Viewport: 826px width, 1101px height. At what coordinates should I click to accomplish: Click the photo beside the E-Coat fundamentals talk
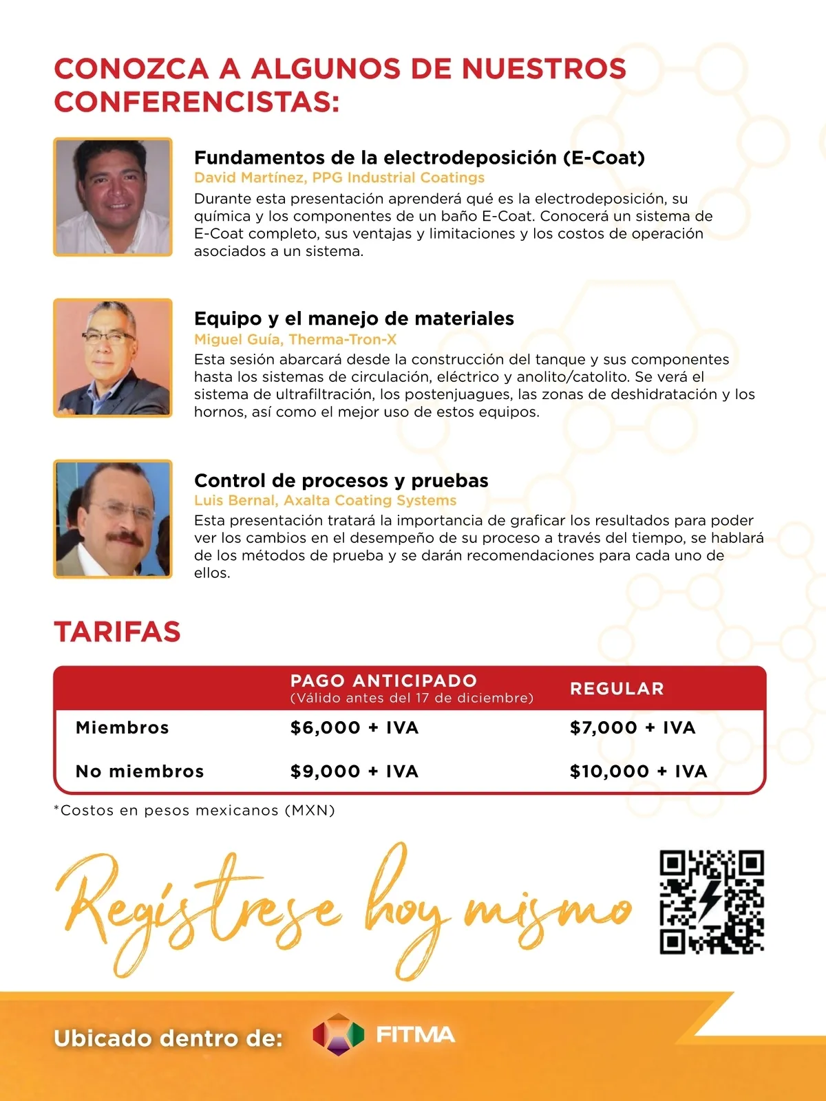coord(113,197)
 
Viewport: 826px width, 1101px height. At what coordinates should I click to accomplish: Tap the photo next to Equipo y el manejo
coord(113,358)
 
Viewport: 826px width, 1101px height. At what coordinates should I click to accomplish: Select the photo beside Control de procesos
coord(113,519)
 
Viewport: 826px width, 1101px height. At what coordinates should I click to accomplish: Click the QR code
coord(712,902)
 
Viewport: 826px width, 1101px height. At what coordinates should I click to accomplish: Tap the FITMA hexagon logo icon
coord(337,1034)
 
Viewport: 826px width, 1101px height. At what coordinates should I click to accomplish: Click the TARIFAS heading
coord(117,632)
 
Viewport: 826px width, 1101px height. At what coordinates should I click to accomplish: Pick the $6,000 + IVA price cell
coord(354,727)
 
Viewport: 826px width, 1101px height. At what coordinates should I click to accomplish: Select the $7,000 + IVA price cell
coord(633,727)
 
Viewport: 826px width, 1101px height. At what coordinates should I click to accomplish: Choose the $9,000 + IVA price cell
coord(354,771)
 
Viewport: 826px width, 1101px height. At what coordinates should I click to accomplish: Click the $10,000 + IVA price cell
coord(638,771)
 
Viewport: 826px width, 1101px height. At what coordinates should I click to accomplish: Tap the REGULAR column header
coord(617,689)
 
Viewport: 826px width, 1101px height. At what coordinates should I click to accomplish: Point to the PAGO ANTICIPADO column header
coord(383,681)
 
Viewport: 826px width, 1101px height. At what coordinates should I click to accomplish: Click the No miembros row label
coord(140,771)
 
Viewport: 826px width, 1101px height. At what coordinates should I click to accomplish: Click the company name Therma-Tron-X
coord(343,339)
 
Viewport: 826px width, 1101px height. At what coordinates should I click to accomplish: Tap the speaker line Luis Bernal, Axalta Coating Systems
coord(325,500)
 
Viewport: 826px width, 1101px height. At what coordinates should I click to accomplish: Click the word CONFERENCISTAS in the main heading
coord(196,102)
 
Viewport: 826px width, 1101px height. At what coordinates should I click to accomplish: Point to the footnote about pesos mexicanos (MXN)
coord(194,811)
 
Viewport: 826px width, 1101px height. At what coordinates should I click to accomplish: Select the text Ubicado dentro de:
coord(168,1038)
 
